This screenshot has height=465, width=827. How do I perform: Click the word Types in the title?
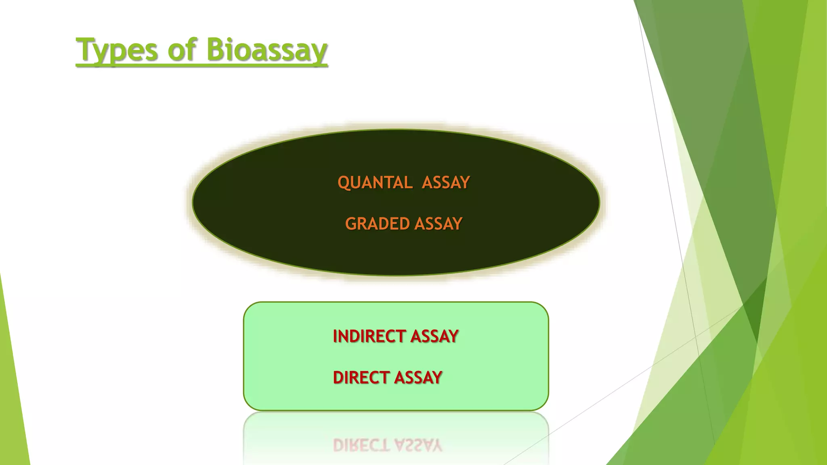pyautogui.click(x=117, y=50)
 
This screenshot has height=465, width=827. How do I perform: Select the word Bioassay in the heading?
pyautogui.click(x=267, y=50)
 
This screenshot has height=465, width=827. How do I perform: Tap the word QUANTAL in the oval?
pyautogui.click(x=375, y=182)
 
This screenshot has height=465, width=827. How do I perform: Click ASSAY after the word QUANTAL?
pyautogui.click(x=446, y=182)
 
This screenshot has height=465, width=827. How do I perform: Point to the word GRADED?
pyautogui.click(x=378, y=224)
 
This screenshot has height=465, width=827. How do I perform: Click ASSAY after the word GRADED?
pyautogui.click(x=439, y=224)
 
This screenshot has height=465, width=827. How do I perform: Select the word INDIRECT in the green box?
pyautogui.click(x=369, y=336)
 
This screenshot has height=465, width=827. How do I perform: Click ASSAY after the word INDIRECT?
pyautogui.click(x=434, y=336)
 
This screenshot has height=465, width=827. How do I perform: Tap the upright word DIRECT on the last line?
pyautogui.click(x=361, y=378)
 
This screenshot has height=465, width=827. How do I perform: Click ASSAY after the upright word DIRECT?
pyautogui.click(x=418, y=378)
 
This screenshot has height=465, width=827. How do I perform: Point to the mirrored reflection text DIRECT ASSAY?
pyautogui.click(x=388, y=445)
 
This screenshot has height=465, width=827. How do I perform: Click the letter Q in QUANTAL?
pyautogui.click(x=344, y=183)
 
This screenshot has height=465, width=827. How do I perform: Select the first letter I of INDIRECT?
pyautogui.click(x=335, y=336)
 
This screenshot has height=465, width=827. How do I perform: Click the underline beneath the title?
pyautogui.click(x=202, y=65)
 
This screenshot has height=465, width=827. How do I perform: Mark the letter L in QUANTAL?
pyautogui.click(x=409, y=182)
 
